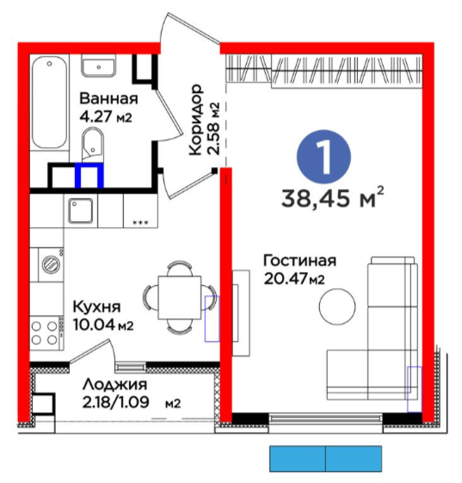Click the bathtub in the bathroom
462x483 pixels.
pos(50,102)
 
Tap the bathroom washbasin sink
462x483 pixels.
pos(98,66)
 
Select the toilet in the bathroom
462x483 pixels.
pos(93,145)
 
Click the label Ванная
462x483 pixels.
pos(108,98)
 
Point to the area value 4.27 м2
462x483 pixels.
pos(106,117)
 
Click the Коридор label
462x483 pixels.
pos(196,120)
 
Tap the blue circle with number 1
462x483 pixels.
pos(323,157)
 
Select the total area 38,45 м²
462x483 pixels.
pos(333,197)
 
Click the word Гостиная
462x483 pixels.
pos(299,261)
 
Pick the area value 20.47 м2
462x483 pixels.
pos(294,279)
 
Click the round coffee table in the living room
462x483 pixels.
pos(337,307)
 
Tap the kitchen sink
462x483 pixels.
pos(81,211)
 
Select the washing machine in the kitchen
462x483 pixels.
pos(51,264)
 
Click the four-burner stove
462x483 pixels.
pos(46,333)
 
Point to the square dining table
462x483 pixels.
pos(180,297)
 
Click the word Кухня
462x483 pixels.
pos(96,307)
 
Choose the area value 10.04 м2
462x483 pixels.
pos(103,325)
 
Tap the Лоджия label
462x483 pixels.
pos(115,385)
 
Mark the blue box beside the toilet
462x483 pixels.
pos(89,175)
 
